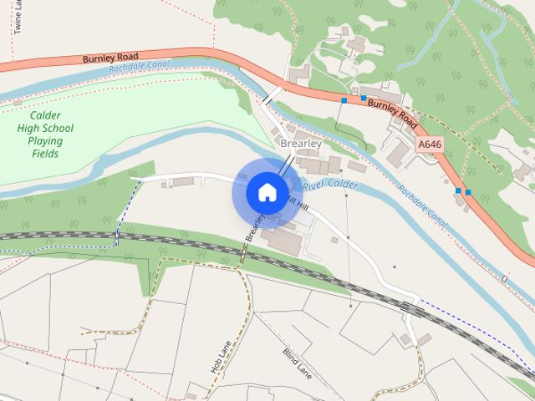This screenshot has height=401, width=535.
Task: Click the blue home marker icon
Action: click(x=266, y=192)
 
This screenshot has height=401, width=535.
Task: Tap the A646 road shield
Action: click(x=429, y=145)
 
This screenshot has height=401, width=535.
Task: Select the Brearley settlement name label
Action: click(x=301, y=144)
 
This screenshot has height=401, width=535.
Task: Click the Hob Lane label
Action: click(x=219, y=357)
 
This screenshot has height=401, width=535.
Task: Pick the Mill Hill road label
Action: click(x=303, y=203)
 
